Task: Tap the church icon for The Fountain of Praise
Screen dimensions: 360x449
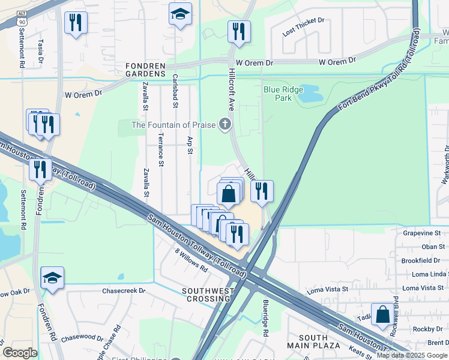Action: [x=225, y=125]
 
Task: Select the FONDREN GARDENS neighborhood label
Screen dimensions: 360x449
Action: [x=145, y=73]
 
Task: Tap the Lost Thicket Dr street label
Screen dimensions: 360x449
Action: [x=303, y=28]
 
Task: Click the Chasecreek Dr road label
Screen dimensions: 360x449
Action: [x=124, y=291]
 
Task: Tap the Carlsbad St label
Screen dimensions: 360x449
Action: [x=175, y=90]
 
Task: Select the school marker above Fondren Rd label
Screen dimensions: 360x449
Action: [x=52, y=278]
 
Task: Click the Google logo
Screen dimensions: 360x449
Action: [x=20, y=353]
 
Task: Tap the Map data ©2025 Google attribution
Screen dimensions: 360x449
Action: [x=411, y=355]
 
